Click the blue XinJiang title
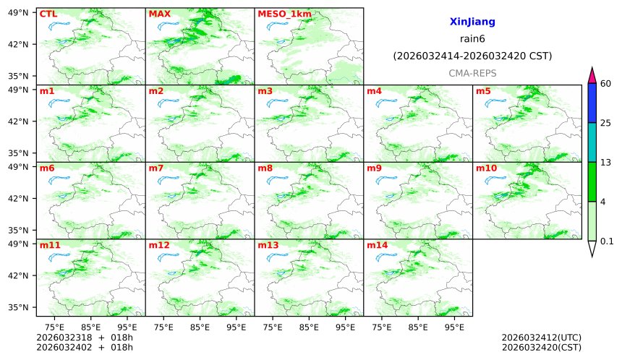pyautogui.click(x=472, y=22)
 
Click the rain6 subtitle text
pyautogui.click(x=472, y=39)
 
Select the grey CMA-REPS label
pyautogui.click(x=472, y=73)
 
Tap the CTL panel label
pyautogui.click(x=48, y=14)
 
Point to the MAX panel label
pyautogui.click(x=158, y=14)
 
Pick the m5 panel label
pyautogui.click(x=483, y=91)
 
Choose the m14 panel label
pyautogui.click(x=377, y=245)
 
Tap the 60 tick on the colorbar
pyautogui.click(x=606, y=84)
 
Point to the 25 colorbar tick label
pyautogui.click(x=606, y=123)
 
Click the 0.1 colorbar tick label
pyautogui.click(x=607, y=241)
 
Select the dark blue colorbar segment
pyautogui.click(x=592, y=103)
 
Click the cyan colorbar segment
pyautogui.click(x=592, y=142)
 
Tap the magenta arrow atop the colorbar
pyautogui.click(x=592, y=74)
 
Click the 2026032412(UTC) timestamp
pyautogui.click(x=541, y=338)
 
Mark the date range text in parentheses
pyautogui.click(x=472, y=56)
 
